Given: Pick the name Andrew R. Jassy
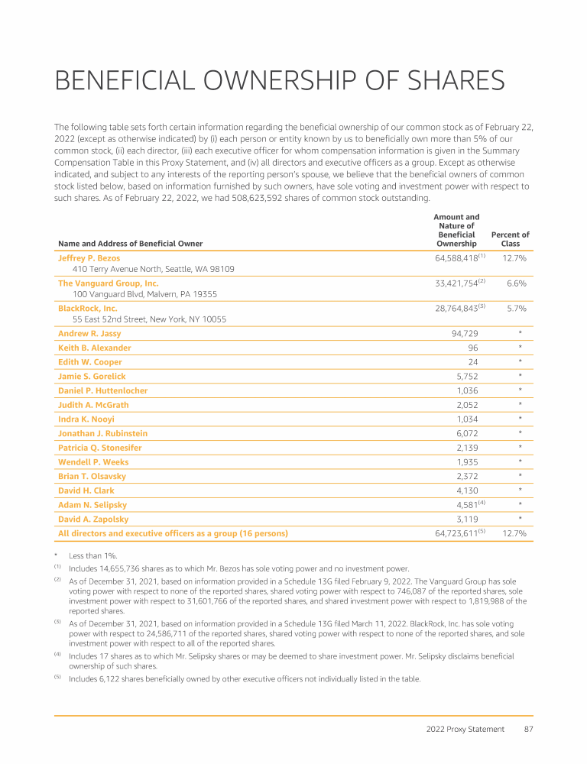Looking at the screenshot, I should (89, 333).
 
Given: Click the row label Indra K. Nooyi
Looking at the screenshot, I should (88, 419).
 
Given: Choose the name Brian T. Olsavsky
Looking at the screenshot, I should (92, 476).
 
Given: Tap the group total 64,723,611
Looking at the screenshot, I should (451, 533).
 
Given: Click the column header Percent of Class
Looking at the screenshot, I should (510, 239).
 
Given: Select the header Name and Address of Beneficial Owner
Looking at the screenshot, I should (130, 244).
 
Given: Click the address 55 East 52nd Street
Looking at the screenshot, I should (148, 319).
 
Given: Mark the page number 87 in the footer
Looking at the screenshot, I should (527, 730).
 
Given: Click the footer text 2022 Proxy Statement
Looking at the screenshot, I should (466, 730).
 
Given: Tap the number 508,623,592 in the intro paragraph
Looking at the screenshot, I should (264, 198).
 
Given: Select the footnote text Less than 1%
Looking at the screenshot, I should (92, 555).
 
